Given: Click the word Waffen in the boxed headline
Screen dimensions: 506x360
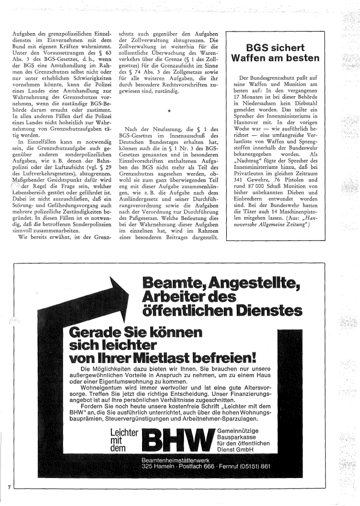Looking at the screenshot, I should pyautogui.click(x=255, y=58).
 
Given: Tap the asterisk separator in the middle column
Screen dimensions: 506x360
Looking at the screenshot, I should pyautogui.click(x=169, y=111).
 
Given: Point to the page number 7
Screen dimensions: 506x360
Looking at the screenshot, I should pyautogui.click(x=8, y=487).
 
